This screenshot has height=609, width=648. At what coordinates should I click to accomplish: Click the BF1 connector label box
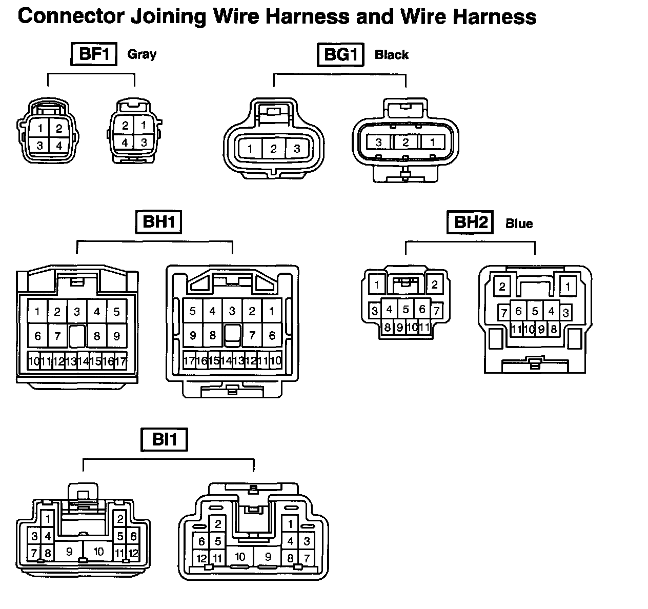click(94, 54)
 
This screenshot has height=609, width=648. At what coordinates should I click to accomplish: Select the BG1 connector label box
click(340, 54)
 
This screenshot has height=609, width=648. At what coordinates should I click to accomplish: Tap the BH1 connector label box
click(159, 222)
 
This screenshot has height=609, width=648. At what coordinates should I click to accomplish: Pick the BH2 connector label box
click(470, 222)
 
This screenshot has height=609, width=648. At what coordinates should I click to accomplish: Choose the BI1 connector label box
click(164, 440)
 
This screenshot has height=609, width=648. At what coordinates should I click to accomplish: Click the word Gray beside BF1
click(141, 54)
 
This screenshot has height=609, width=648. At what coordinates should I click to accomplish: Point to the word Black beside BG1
click(392, 55)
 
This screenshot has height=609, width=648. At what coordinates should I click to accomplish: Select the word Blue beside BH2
click(519, 224)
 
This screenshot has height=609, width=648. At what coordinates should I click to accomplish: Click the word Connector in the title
click(70, 16)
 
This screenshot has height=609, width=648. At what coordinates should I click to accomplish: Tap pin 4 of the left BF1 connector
click(59, 146)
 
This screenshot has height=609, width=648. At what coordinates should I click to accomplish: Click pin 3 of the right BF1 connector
click(144, 142)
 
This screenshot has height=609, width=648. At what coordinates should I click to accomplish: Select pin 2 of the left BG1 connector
click(274, 149)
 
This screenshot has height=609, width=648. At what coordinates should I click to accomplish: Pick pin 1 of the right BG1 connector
click(433, 142)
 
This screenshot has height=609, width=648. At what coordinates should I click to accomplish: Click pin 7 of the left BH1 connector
click(57, 336)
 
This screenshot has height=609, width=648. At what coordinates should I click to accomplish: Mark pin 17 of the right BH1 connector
click(189, 361)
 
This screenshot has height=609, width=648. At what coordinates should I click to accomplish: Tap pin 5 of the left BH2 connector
click(406, 310)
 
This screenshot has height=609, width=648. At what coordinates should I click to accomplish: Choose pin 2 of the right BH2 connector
click(502, 287)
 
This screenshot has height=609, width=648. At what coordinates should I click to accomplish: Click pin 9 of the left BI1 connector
click(69, 552)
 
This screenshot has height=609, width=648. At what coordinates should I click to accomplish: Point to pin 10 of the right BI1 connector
click(240, 557)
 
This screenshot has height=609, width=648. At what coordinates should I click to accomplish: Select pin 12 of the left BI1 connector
click(133, 553)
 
